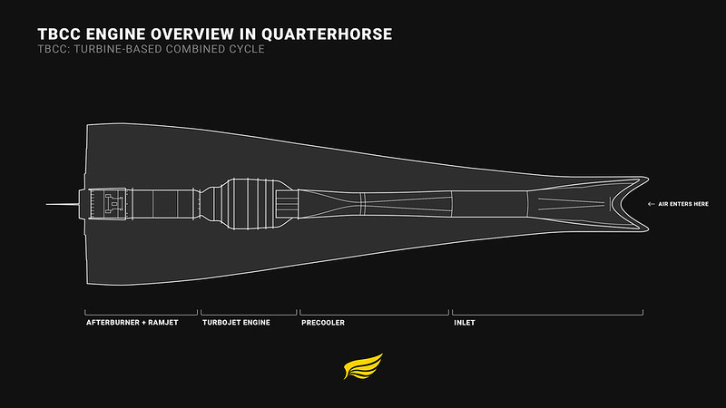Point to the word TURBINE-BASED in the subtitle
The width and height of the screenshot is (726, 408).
tap(117, 49)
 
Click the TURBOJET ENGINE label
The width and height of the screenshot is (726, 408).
tap(235, 322)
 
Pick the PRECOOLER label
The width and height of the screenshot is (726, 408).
tap(322, 322)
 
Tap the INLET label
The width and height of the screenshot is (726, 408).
tap(464, 322)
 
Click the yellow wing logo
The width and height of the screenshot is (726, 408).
tap(363, 367)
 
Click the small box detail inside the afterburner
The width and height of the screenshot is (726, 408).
tap(113, 204)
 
